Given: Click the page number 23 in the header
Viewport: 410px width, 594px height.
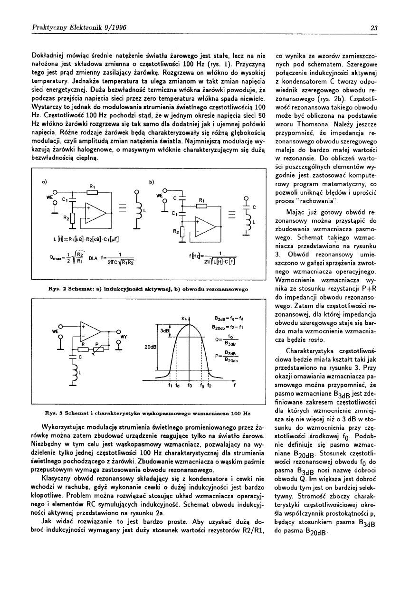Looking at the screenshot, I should click(x=374, y=28).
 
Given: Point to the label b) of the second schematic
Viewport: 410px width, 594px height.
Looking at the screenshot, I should click(x=151, y=182).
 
